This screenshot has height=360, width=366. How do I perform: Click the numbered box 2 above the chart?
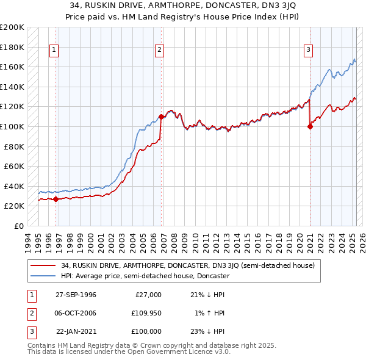click(x=159, y=50)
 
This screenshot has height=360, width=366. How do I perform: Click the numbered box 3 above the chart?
click(x=309, y=50)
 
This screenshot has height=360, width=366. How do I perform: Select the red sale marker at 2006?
click(x=161, y=117)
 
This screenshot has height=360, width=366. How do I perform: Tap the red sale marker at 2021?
click(x=310, y=126)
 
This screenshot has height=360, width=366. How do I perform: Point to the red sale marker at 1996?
click(x=56, y=199)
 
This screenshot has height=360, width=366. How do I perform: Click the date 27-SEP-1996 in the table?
click(x=76, y=295)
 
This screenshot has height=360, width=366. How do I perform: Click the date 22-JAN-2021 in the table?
click(x=76, y=331)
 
